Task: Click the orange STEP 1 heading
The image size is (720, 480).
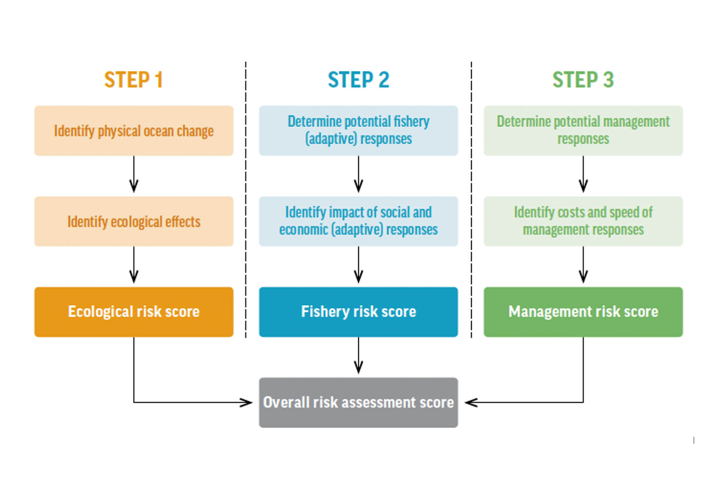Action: pyautogui.click(x=133, y=79)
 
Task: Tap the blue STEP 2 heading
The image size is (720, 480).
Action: pyautogui.click(x=358, y=79)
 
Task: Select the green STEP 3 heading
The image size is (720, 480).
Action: pyautogui.click(x=583, y=79)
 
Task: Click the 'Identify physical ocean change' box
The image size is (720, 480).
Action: pyautogui.click(x=134, y=130)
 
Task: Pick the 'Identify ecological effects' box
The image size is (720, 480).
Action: pyautogui.click(x=134, y=221)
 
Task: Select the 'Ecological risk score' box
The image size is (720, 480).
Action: pyautogui.click(x=134, y=312)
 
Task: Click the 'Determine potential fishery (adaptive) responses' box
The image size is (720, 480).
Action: pyautogui.click(x=358, y=130)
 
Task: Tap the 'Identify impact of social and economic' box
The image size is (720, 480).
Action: pyautogui.click(x=358, y=221)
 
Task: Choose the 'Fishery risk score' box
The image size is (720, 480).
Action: pyautogui.click(x=358, y=312)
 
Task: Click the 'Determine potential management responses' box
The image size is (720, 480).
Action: pyautogui.click(x=583, y=130)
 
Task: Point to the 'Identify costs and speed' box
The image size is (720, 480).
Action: pyautogui.click(x=583, y=221)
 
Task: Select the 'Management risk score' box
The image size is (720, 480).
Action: pyautogui.click(x=583, y=312)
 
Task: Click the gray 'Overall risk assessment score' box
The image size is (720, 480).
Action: pyautogui.click(x=358, y=402)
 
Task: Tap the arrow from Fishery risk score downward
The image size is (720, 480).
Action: pyautogui.click(x=358, y=355)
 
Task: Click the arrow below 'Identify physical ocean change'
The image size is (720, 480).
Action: pyautogui.click(x=134, y=174)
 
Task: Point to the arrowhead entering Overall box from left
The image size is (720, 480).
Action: pyautogui.click(x=247, y=402)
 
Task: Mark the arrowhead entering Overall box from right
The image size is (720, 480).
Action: pyautogui.click(x=471, y=402)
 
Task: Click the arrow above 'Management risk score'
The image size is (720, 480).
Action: pyautogui.click(x=583, y=265)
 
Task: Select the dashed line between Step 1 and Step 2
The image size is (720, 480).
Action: pyautogui.click(x=246, y=200)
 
